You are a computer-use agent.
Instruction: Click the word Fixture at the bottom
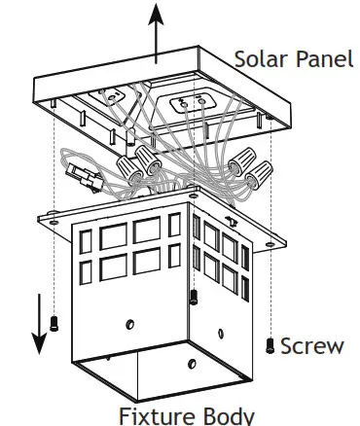tap(153, 414)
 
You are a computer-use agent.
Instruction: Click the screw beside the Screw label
tap(270, 344)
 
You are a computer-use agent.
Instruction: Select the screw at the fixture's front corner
tap(193, 295)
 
